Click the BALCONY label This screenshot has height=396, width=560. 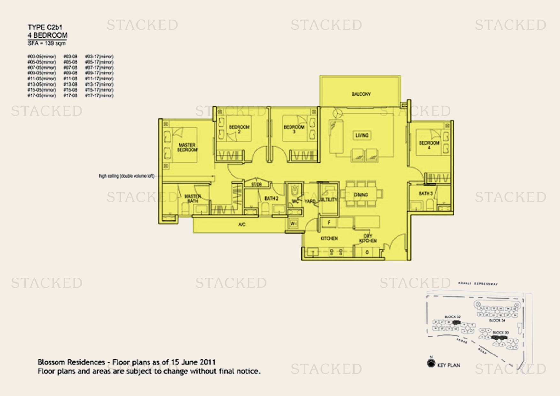361,94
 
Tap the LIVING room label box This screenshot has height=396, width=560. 362,135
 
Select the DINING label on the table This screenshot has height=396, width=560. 361,195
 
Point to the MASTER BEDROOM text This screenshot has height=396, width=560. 187,147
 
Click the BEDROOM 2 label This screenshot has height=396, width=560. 239,129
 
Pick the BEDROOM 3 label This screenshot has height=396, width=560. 294,129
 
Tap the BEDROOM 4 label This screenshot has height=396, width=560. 429,145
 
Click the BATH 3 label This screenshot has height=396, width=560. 426,194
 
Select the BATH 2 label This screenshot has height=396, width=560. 271,199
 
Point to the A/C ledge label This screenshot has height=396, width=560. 242,225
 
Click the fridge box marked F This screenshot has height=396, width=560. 329,223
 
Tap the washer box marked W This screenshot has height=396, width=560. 293,224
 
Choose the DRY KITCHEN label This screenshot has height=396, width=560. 368,238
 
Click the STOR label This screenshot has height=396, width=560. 256,185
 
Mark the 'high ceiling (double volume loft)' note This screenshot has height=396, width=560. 126,176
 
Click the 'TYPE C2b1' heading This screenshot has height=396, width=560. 45,27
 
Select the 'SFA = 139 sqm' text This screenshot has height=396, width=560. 47,43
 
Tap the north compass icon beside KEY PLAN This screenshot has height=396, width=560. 431,363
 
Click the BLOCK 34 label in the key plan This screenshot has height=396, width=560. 497,320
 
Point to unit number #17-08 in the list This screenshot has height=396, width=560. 70,95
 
